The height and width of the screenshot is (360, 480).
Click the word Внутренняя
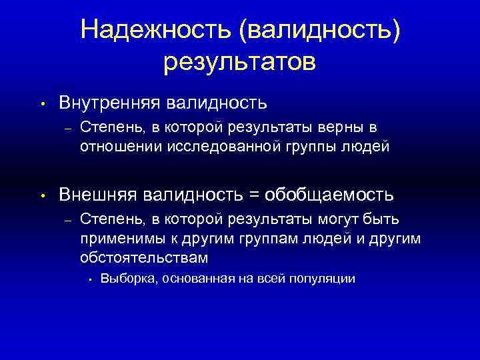pos(109,103)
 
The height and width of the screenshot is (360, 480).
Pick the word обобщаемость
pos(329,195)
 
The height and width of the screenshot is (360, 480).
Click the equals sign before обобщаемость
pos(254,195)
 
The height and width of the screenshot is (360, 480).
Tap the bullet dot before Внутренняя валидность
pos(41,104)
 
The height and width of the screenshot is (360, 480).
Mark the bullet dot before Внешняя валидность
pos(41,196)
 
